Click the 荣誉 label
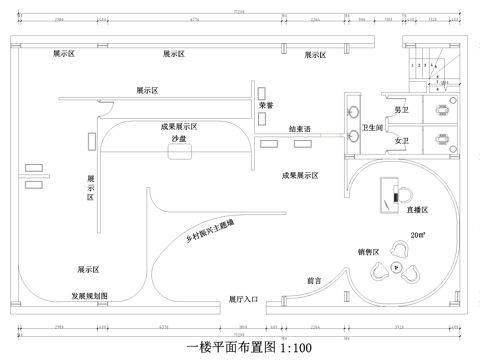(x=265, y=104)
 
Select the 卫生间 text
(x=373, y=128)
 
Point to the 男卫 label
(x=401, y=109)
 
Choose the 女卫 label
(x=401, y=141)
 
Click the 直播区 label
(x=416, y=210)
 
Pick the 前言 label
(x=313, y=282)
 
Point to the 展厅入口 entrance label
(x=243, y=298)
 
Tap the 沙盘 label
(x=179, y=139)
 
